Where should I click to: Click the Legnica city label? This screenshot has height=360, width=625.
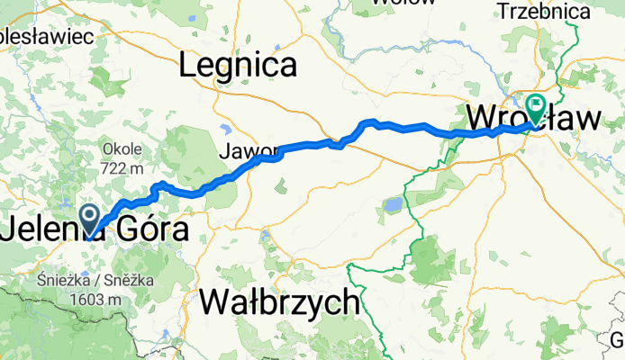point(238,65)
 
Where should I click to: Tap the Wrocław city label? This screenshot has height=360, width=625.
point(522,119)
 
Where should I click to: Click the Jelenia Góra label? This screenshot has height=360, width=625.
point(95,229)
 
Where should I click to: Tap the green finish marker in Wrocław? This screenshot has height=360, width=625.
point(536,107)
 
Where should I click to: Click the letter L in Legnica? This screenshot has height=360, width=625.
point(186,65)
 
